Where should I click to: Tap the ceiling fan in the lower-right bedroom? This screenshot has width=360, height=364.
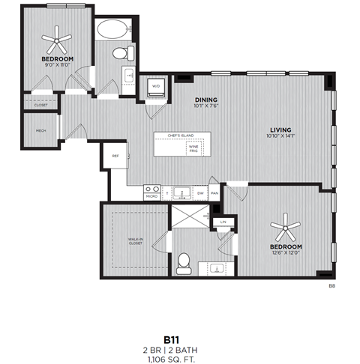(x=286, y=226)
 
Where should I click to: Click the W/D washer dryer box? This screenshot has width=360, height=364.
(x=157, y=87)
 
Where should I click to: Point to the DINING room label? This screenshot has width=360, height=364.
(x=205, y=99)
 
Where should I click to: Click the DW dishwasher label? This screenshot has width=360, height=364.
(x=200, y=192)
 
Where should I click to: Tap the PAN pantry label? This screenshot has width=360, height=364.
(x=214, y=192)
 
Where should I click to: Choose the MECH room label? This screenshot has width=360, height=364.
(x=40, y=133)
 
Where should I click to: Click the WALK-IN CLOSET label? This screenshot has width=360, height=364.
(x=136, y=242)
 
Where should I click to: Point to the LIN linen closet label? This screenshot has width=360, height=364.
(x=223, y=222)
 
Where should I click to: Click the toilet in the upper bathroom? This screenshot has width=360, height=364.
(x=119, y=53)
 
